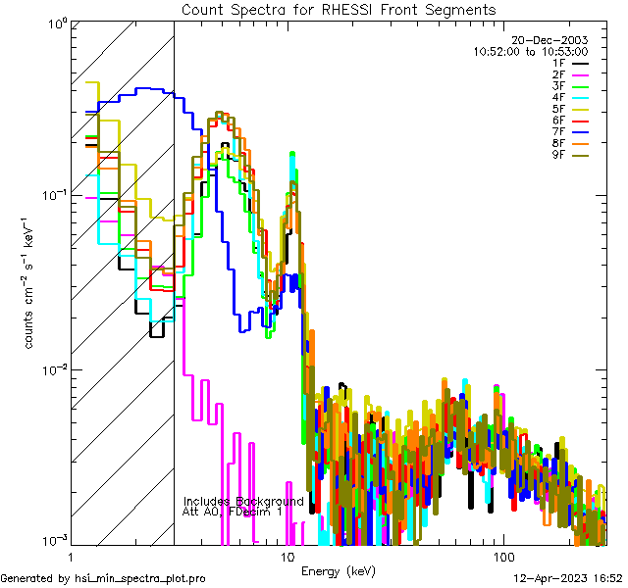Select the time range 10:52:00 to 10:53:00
pyautogui.click(x=531, y=51)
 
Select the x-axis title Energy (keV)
pyautogui.click(x=340, y=570)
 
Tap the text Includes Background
pyautogui.click(x=243, y=501)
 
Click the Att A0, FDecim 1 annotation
pyautogui.click(x=234, y=512)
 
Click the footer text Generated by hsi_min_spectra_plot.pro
pyautogui.click(x=103, y=578)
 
